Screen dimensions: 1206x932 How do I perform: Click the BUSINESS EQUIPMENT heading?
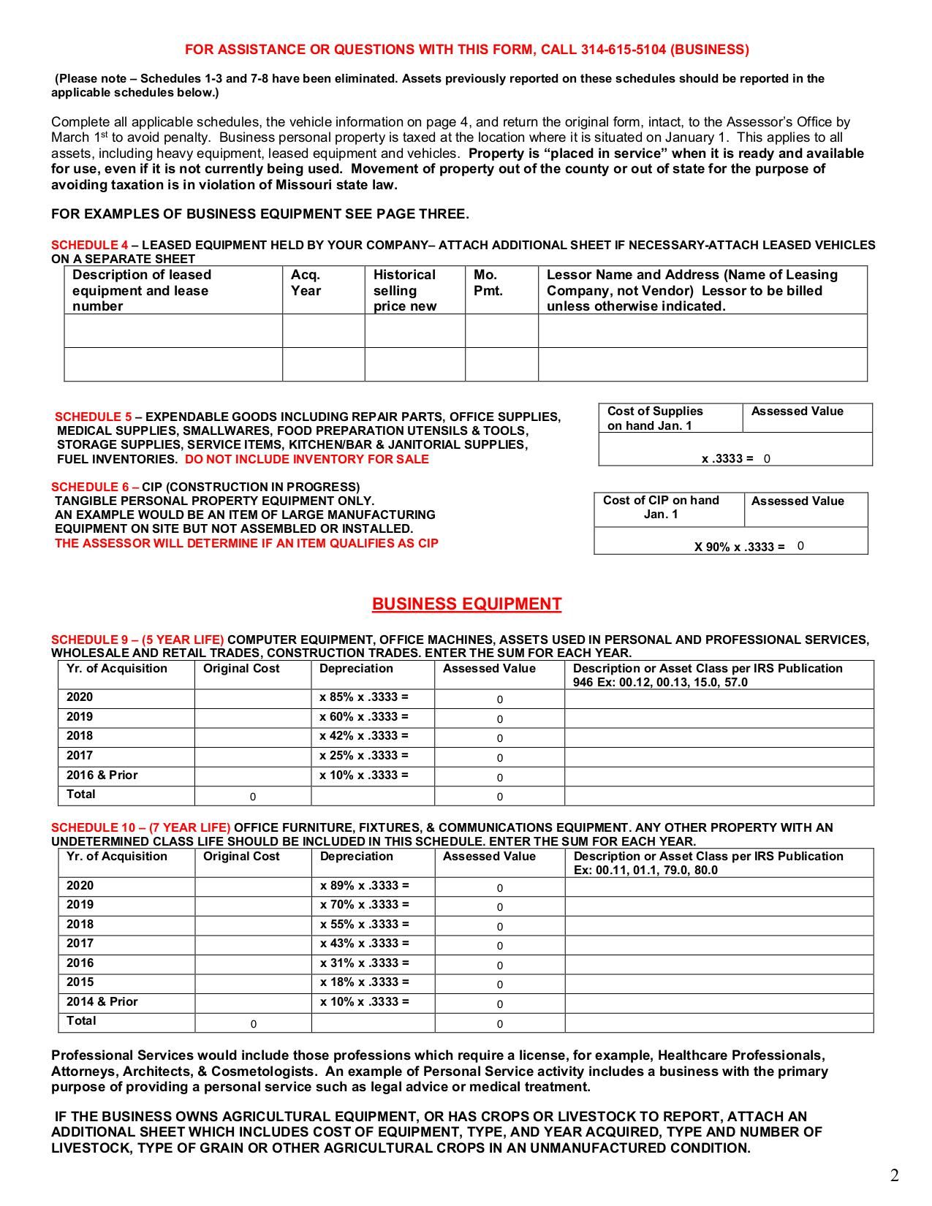pos(466,604)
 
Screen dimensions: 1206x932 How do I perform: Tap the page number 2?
pos(894,1175)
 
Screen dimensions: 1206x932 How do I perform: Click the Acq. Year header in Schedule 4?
pos(306,283)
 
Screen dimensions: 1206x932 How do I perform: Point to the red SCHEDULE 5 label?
pos(94,417)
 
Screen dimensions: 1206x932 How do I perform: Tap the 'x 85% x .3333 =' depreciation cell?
pos(364,697)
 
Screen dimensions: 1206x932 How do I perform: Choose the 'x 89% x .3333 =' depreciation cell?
pos(365,886)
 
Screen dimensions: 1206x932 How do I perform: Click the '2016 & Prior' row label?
pos(102,775)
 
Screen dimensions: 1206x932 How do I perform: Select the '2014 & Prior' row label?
pos(102,1002)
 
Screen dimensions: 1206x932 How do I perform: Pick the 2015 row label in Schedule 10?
pos(80,982)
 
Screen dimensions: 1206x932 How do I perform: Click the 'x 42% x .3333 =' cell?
pos(364,736)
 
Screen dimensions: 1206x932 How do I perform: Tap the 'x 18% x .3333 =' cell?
pos(365,982)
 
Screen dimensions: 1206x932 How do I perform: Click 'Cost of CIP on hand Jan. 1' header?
pos(661,507)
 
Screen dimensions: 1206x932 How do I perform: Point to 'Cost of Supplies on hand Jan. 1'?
pos(654,418)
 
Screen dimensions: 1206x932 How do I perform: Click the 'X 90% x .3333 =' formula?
pos(739,547)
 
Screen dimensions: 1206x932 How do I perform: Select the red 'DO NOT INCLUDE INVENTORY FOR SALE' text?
pos(306,459)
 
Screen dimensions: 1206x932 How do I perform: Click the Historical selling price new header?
pos(404,290)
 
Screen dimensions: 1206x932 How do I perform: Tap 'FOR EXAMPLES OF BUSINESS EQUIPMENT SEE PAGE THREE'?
pos(260,214)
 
